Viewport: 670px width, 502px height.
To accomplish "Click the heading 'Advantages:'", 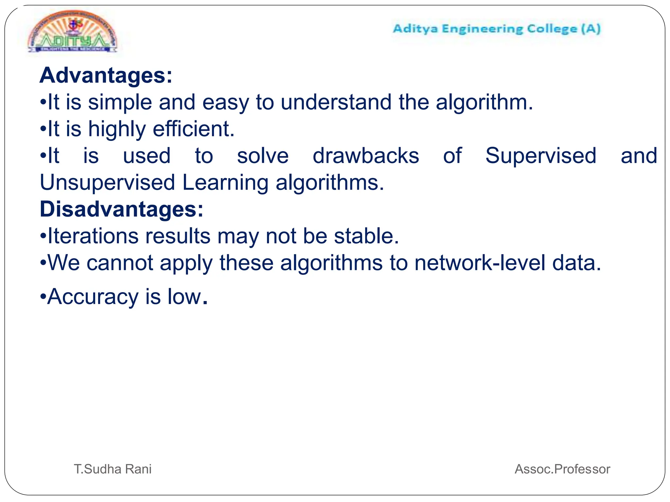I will (x=106, y=75).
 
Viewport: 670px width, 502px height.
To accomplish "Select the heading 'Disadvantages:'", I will (x=121, y=209).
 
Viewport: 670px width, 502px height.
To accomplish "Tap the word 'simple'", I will (x=120, y=102).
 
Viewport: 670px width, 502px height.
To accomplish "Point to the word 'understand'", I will (x=336, y=102).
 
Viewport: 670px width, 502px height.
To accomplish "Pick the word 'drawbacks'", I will (x=366, y=156).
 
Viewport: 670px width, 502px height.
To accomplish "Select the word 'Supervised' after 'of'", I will (x=541, y=156).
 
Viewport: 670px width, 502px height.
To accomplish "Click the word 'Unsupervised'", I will (x=107, y=182).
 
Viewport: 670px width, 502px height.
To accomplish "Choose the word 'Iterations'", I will (x=93, y=236).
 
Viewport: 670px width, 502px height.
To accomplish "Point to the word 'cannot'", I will (x=120, y=263).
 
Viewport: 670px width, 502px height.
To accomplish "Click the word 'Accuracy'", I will (x=93, y=297).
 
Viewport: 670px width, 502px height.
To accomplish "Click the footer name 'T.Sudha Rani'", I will (x=113, y=469).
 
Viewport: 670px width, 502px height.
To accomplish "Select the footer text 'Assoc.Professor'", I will (x=562, y=469).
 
